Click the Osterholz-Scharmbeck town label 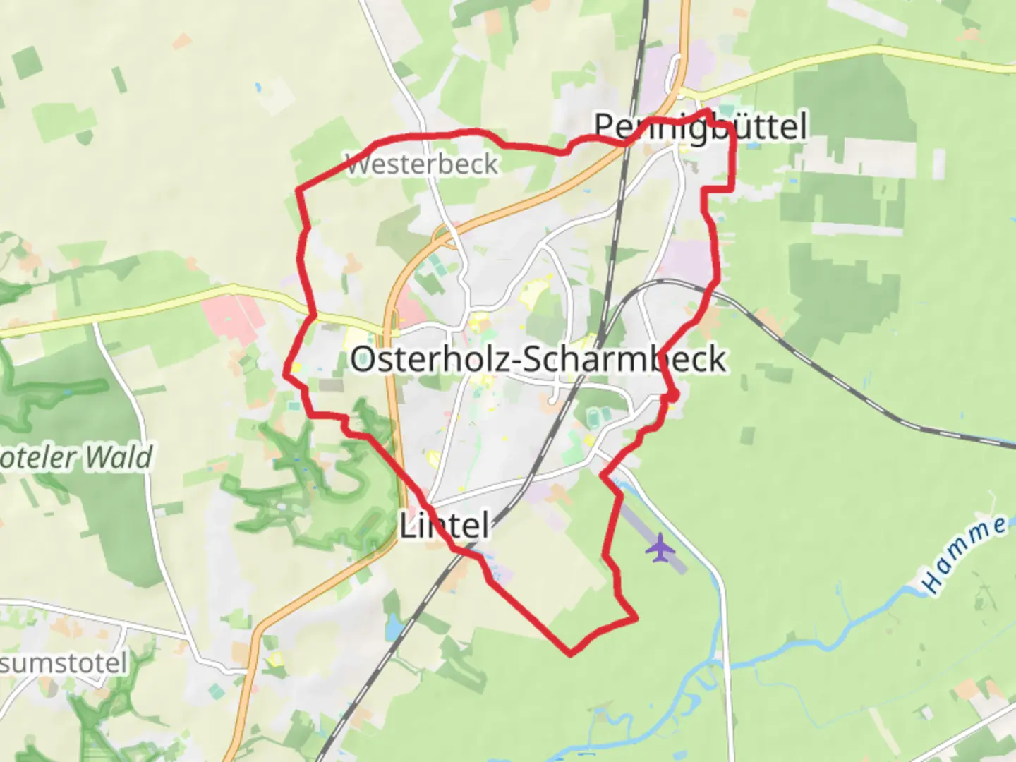(538, 359)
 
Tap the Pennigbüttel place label (700, 127)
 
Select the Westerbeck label (422, 164)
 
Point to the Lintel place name (445, 526)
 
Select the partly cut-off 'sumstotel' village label (64, 663)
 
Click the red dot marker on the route (673, 397)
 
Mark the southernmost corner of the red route (570, 654)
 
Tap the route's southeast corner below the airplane (636, 619)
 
